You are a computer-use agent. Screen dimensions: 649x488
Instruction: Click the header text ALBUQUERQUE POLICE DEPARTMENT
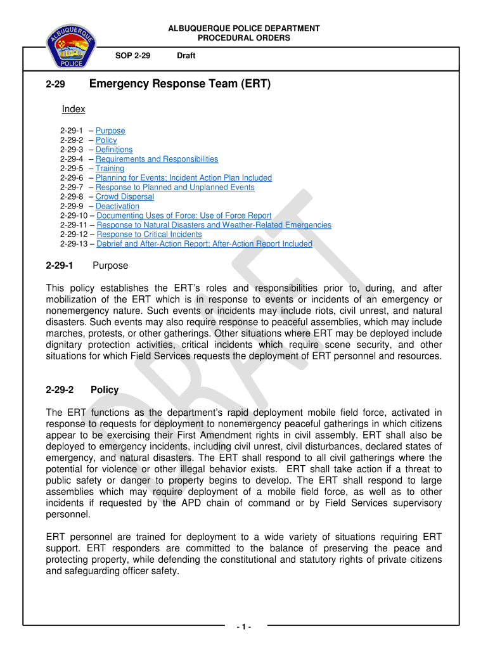click(243, 29)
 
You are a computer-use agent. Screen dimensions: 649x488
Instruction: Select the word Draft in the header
click(186, 56)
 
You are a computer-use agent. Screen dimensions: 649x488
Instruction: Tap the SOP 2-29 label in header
click(132, 56)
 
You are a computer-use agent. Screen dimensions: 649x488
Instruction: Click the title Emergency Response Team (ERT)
click(180, 84)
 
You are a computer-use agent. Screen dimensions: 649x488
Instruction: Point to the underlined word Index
click(74, 109)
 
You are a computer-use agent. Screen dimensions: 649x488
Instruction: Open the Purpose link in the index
click(110, 131)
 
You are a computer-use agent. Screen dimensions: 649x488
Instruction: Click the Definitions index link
click(114, 150)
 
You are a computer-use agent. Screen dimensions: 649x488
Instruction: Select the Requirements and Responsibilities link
click(157, 159)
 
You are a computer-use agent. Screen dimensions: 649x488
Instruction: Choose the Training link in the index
click(110, 169)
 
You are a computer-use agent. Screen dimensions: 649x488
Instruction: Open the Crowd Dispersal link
click(124, 196)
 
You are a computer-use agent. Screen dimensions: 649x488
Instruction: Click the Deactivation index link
click(117, 206)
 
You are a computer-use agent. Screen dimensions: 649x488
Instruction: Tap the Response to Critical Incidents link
click(149, 235)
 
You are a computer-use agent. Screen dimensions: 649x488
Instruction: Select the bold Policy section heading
click(105, 390)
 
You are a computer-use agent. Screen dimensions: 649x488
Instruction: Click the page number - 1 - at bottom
click(244, 627)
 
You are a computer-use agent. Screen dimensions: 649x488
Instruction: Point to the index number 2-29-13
click(74, 244)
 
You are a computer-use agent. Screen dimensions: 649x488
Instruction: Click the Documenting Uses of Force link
click(184, 215)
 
